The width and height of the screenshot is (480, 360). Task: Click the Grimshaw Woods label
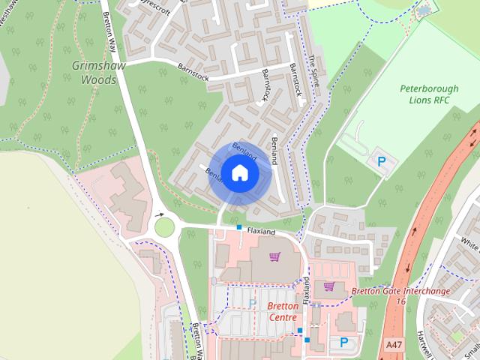[x=94, y=73]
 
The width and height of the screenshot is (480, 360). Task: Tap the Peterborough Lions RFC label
[x=428, y=94]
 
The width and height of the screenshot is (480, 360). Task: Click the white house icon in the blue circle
[x=239, y=173]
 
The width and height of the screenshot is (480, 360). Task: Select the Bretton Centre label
[x=283, y=311]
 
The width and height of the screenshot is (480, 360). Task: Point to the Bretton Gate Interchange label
[x=400, y=290]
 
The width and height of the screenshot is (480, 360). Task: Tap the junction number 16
[x=401, y=301]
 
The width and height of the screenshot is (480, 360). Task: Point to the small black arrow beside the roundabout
[x=159, y=214]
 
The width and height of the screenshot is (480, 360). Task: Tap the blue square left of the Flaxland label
[x=238, y=226]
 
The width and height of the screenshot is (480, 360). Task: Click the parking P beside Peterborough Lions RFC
[x=381, y=160]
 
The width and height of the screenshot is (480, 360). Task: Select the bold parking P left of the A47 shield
[x=344, y=342]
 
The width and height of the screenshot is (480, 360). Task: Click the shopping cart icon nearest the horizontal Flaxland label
[x=274, y=258]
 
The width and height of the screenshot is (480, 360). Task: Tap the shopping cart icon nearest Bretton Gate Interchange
[x=328, y=286]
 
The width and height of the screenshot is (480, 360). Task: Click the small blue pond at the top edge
[x=425, y=10]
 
